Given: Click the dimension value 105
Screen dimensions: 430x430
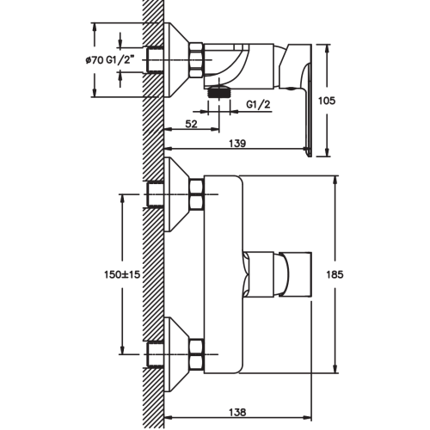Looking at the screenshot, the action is (327, 101).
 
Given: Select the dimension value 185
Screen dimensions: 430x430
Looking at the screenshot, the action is (335, 274).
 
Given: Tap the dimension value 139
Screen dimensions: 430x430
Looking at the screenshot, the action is (237, 143).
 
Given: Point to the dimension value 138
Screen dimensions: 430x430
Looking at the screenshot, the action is (237, 412).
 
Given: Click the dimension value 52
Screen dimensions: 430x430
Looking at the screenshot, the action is (191, 124).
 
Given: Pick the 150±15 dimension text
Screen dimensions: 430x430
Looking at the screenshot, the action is (122, 274).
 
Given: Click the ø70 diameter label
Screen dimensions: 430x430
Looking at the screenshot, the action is (95, 60).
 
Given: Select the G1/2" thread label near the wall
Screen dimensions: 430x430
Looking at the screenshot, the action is (120, 60).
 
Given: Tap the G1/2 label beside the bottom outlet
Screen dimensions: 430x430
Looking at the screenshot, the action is (258, 105).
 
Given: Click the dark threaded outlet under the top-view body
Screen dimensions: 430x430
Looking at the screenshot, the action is (219, 92).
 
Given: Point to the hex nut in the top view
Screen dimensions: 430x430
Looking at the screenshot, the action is (196, 59).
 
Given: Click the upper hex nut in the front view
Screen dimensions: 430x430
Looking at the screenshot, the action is (197, 194).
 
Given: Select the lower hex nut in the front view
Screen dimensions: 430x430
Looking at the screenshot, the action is (197, 354).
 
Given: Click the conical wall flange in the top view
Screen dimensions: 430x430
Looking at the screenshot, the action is (176, 59).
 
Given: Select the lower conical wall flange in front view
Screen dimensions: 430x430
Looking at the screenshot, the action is (177, 354).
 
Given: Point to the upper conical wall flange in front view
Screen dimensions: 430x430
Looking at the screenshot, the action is (177, 194).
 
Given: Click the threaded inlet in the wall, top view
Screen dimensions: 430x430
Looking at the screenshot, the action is (155, 59).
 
